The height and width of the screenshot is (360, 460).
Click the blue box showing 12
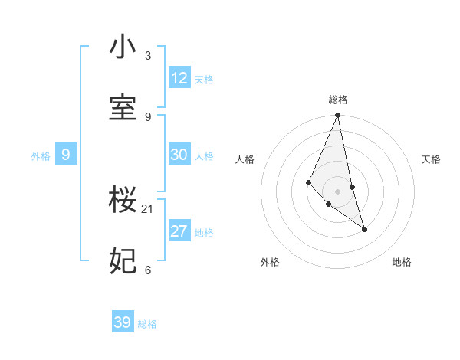[x=179, y=78]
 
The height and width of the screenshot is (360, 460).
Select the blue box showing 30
[x=179, y=155]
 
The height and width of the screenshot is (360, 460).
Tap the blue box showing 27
[x=179, y=231]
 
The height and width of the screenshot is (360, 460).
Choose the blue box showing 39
[x=123, y=322]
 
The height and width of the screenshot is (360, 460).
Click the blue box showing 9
[x=66, y=155]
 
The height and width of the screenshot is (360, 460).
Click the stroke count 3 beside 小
[x=148, y=56]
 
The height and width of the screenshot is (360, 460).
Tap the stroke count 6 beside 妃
[x=148, y=270]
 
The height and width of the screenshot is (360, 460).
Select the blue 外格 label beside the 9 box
[x=41, y=156]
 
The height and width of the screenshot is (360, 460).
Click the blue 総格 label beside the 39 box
[x=147, y=324]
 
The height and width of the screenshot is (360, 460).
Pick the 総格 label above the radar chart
[x=338, y=100]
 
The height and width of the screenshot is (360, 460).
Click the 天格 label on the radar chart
[x=431, y=159]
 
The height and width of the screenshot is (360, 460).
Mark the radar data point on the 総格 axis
[x=338, y=116]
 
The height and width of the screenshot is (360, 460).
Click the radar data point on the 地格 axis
[x=364, y=228]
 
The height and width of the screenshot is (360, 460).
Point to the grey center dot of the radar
[x=338, y=191]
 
